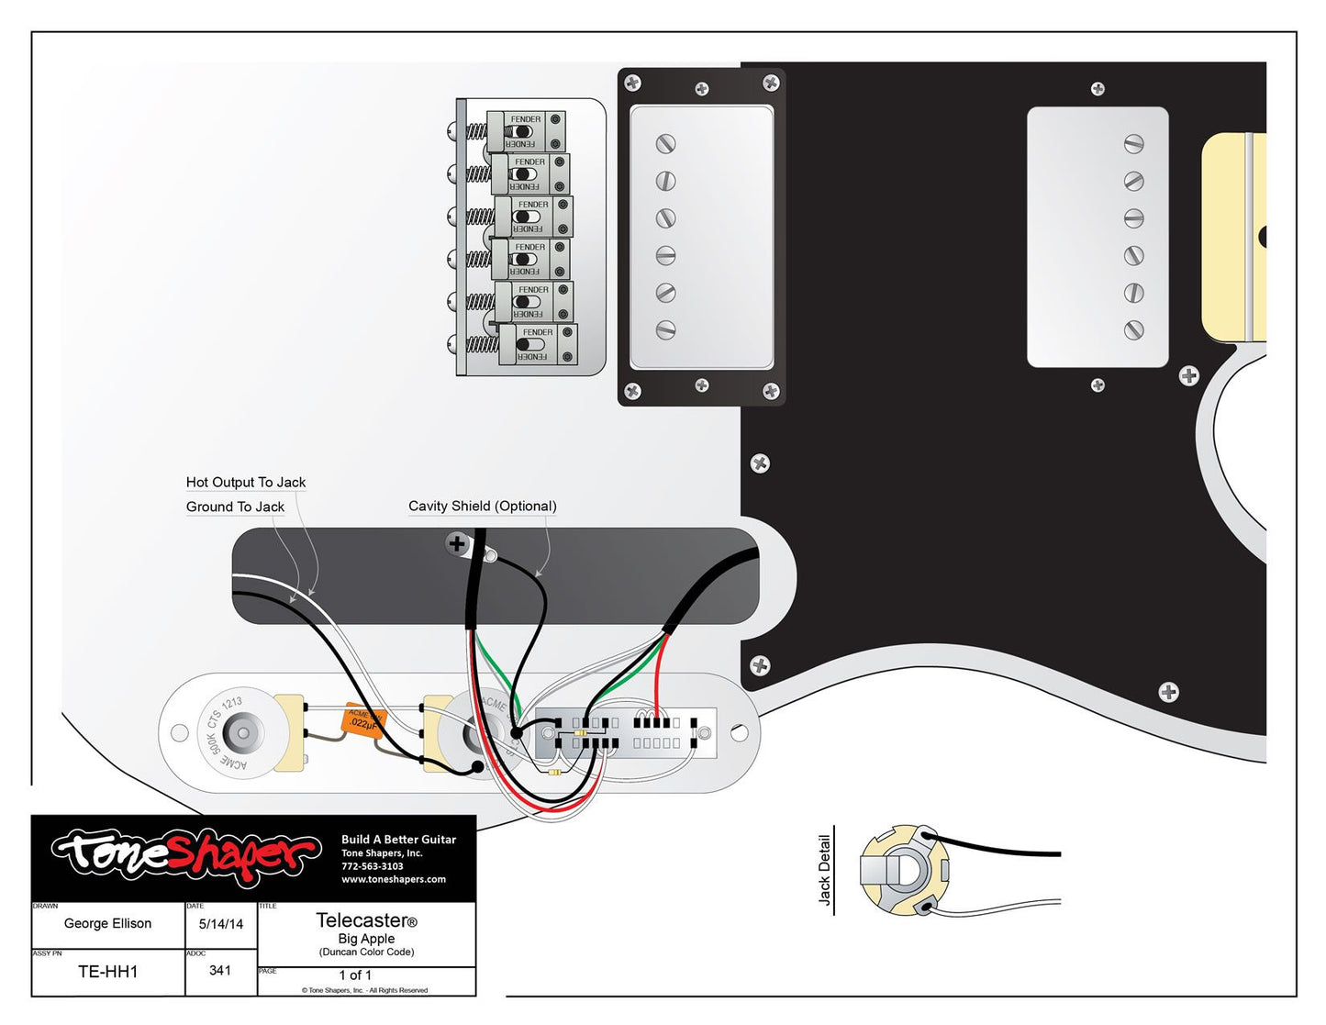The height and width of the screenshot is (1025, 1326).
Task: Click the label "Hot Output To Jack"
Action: [245, 483]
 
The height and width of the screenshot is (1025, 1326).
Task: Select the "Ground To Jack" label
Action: [235, 507]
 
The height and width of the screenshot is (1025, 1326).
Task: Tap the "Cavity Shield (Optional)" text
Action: [482, 506]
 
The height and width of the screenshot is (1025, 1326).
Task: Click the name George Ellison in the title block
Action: [107, 923]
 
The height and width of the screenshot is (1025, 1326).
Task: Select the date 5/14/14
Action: [221, 924]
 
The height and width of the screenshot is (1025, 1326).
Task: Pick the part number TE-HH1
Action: [107, 972]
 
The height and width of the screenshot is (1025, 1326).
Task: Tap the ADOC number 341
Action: [220, 970]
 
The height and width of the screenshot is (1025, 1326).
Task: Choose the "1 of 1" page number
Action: [355, 975]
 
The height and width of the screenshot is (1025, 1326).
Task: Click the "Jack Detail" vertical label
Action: [824, 870]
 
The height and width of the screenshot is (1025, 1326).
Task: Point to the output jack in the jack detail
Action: [903, 871]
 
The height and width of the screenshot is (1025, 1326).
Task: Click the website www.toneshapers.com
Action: [394, 879]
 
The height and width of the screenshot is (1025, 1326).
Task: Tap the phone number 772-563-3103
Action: [373, 866]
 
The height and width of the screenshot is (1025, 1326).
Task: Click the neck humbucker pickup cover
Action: [1097, 237]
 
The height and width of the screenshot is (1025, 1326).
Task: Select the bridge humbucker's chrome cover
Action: [702, 237]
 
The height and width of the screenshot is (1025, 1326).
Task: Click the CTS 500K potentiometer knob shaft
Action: [241, 734]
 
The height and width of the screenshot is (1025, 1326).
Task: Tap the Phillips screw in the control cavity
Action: [457, 543]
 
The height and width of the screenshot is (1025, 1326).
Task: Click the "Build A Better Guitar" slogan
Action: [398, 840]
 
